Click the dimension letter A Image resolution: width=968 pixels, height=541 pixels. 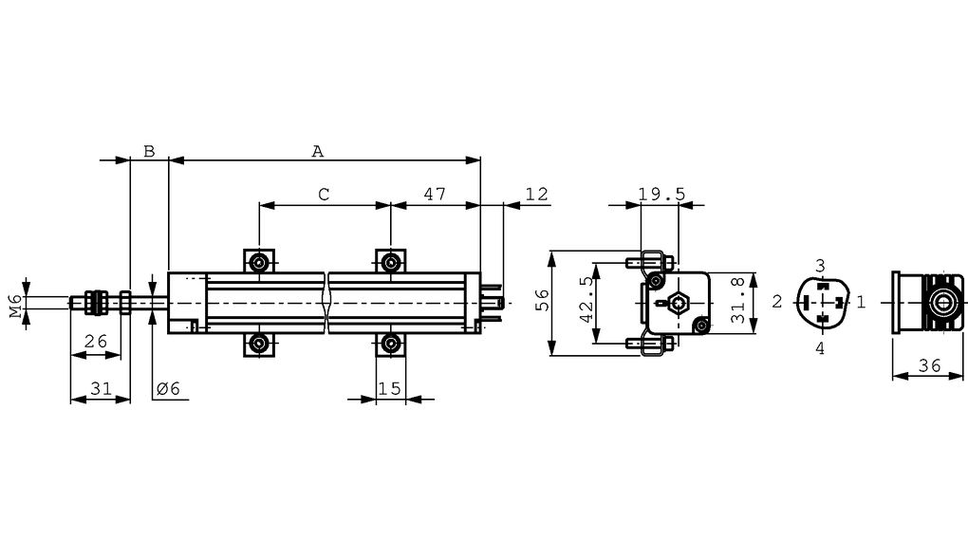click(x=318, y=150)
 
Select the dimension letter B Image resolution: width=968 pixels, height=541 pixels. click(x=148, y=150)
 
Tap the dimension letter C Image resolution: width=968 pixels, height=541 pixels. click(x=324, y=194)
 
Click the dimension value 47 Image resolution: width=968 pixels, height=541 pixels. click(x=435, y=194)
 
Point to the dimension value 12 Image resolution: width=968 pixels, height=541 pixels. click(x=536, y=194)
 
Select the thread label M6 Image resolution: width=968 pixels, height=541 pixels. click(x=16, y=306)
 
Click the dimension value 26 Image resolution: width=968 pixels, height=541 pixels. click(x=95, y=342)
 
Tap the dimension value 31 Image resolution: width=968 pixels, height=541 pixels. click(x=101, y=387)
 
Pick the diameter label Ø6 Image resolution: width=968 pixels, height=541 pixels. click(x=167, y=387)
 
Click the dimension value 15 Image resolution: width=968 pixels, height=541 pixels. click(x=389, y=387)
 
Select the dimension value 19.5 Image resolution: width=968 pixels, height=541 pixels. click(x=661, y=194)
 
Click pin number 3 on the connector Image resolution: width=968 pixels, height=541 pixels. click(x=821, y=265)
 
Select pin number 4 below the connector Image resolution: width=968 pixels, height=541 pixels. click(x=821, y=348)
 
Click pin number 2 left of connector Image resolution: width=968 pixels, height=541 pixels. click(x=776, y=303)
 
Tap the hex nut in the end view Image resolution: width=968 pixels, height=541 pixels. click(x=675, y=304)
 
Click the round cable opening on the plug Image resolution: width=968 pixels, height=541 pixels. click(x=944, y=304)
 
